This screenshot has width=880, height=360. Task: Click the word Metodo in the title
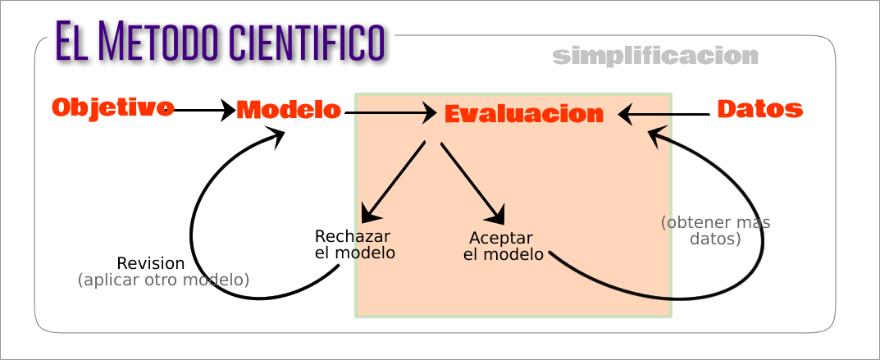pos(159,41)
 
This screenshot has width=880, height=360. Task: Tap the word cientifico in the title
pos(307,41)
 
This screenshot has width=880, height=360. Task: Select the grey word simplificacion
pos(655,57)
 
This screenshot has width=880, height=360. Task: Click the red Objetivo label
pos(112,107)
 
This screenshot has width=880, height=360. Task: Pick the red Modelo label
pos(288,110)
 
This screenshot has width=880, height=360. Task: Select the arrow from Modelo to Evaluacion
pos(390,112)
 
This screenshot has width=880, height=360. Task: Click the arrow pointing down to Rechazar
pos(393,182)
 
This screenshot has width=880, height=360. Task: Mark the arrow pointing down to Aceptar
pos(472,183)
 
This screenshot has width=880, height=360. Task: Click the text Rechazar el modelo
pos(354,244)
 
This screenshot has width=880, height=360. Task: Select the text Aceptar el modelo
pos(503,246)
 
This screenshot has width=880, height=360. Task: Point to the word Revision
pos(150,263)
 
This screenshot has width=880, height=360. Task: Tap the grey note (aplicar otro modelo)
pos(163,280)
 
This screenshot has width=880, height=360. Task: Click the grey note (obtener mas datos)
pos(715,230)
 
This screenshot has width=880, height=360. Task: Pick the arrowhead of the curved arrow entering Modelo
pos(276,137)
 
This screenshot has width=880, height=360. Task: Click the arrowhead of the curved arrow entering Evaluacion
pos(656,135)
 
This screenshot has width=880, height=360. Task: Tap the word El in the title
pos(71,41)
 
